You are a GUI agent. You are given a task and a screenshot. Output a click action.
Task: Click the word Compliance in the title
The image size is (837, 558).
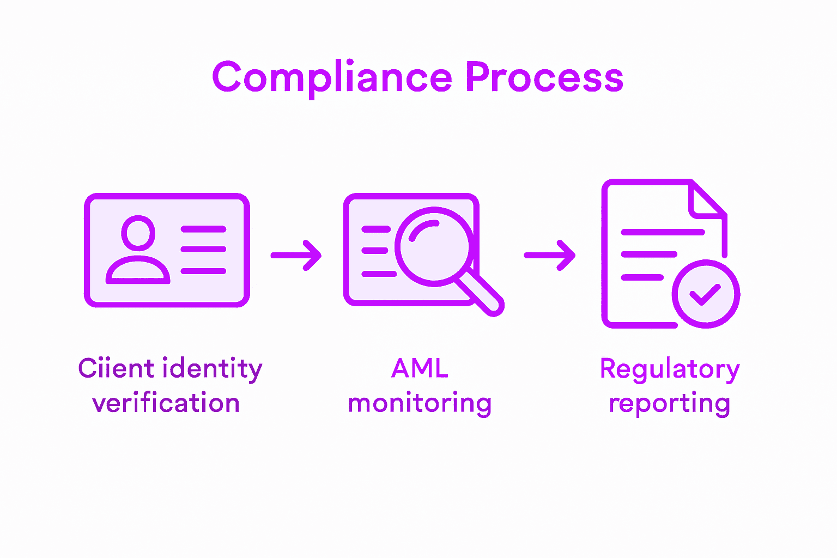332,77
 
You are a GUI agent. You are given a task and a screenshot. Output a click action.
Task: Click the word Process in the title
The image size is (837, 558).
544,77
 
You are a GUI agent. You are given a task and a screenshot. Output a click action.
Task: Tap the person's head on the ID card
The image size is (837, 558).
138,233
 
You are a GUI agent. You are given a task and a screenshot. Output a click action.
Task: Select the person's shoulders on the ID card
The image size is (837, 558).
138,271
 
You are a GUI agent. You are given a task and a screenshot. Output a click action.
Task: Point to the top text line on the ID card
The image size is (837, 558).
203,229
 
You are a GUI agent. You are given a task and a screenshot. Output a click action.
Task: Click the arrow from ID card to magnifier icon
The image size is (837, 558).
296,255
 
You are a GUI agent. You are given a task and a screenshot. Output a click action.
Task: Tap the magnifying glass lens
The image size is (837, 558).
434,246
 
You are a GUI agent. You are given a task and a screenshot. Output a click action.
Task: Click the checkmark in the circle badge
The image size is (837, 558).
706,294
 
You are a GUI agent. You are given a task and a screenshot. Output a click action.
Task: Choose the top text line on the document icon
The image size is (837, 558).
663,232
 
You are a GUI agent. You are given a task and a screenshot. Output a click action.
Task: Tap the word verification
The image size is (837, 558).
166,404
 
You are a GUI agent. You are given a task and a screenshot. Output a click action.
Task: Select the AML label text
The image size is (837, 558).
420,369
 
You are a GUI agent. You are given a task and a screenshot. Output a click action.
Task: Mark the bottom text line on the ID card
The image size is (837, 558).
203,271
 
